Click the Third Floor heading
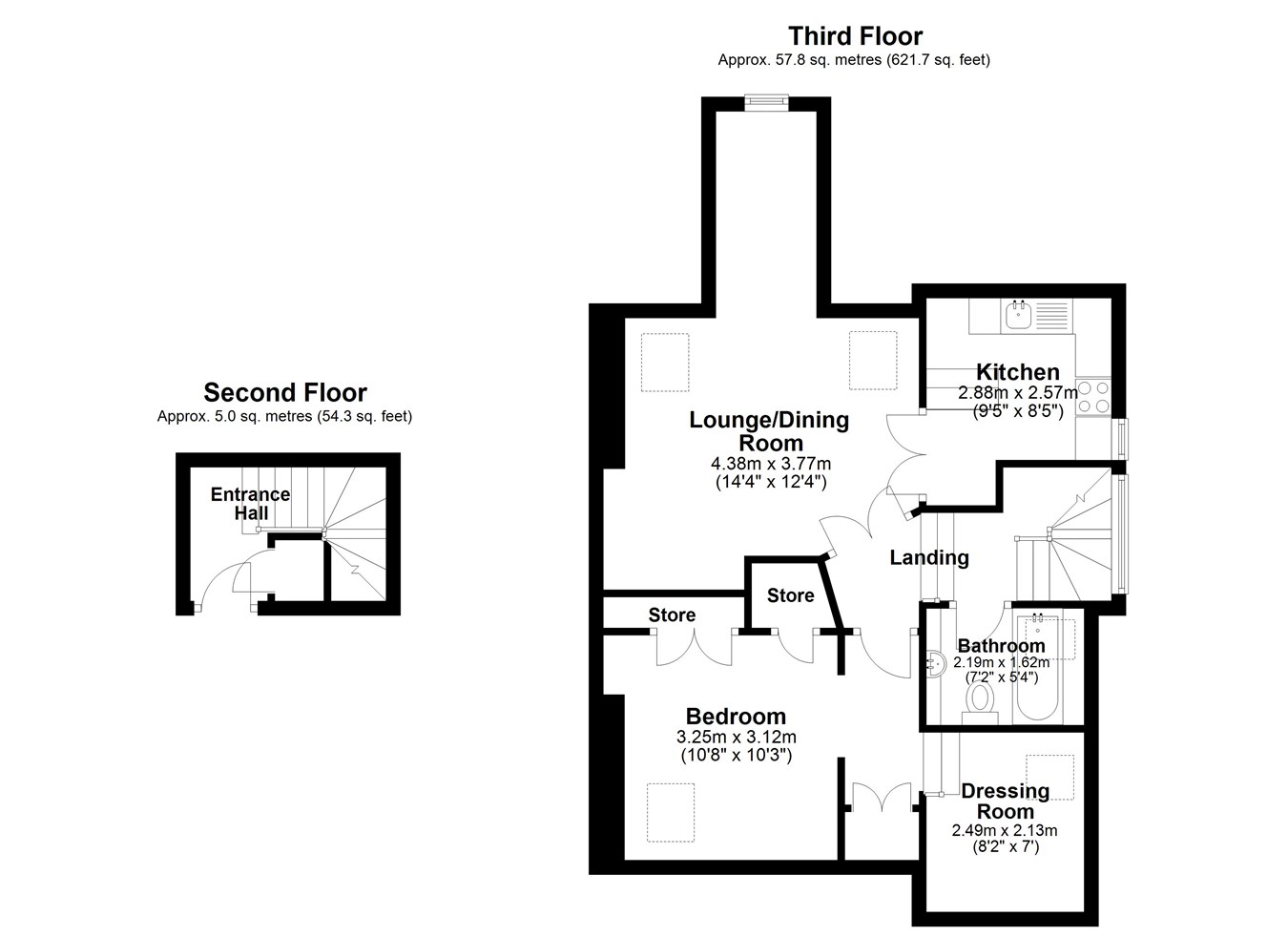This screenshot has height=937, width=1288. click(855, 36)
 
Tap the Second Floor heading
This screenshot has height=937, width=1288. click(285, 393)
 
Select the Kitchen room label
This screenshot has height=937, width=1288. click(1018, 372)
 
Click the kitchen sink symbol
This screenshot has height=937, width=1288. click(1018, 315)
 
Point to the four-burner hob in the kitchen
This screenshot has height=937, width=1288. click(1093, 397)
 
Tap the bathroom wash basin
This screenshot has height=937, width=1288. click(936, 665)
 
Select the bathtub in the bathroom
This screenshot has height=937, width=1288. click(1037, 668)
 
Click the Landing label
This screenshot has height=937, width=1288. click(929, 557)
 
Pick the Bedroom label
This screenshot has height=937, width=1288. click(736, 717)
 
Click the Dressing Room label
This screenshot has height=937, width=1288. click(1005, 802)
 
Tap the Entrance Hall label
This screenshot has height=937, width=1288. click(251, 503)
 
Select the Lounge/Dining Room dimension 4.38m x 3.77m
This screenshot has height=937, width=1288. click(771, 464)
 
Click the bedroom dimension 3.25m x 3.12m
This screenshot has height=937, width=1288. click(737, 737)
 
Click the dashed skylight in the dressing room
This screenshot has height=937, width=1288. click(1049, 777)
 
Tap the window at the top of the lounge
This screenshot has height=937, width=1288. click(766, 102)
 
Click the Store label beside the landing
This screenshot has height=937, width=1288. click(791, 595)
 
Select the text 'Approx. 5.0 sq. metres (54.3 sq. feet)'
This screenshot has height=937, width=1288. click(284, 416)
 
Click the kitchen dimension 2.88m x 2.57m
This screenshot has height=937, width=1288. click(1018, 393)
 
